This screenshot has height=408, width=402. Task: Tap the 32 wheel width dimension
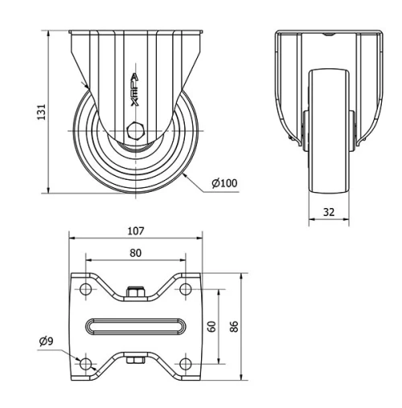(x=328, y=213)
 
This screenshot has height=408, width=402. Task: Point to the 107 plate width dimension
(x=135, y=231)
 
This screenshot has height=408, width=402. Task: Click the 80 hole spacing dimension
(x=135, y=253)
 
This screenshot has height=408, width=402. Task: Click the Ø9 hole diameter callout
(x=47, y=341)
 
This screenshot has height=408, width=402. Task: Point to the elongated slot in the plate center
(x=135, y=326)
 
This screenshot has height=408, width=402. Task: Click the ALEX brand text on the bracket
(x=134, y=90)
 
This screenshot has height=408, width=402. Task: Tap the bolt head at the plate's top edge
(x=135, y=293)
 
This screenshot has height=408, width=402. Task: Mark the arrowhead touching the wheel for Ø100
(x=184, y=172)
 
